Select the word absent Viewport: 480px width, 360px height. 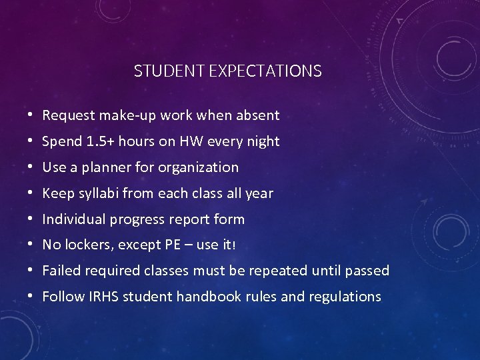coord(258,115)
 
